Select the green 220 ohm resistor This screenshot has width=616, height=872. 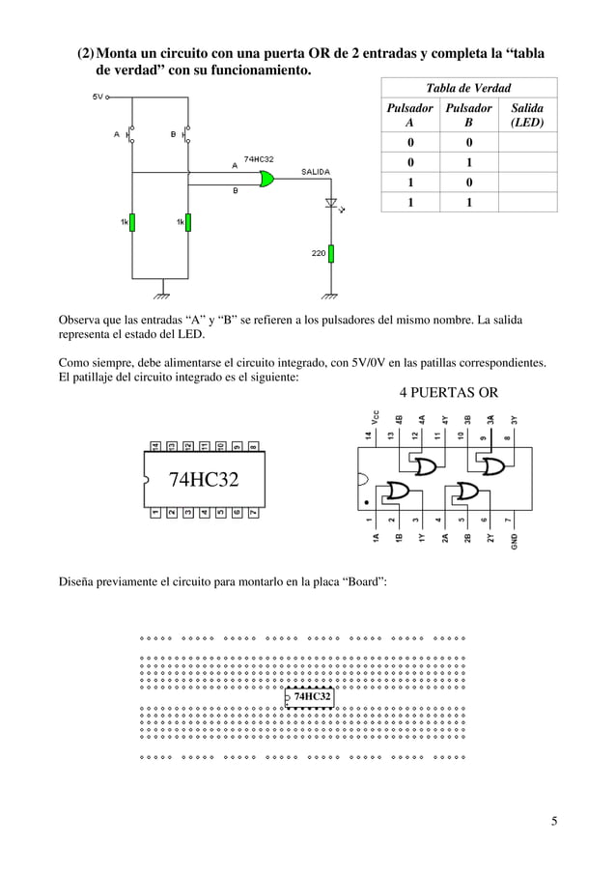[331, 253]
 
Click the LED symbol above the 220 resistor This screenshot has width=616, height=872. [331, 204]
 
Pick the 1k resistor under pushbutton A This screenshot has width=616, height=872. [133, 222]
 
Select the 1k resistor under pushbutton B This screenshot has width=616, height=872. [188, 222]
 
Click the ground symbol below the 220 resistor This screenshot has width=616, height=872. [331, 294]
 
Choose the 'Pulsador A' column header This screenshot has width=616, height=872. [410, 116]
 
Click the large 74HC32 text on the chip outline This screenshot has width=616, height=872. [204, 480]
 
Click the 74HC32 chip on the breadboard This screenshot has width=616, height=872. [311, 695]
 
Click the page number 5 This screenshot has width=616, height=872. [554, 822]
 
